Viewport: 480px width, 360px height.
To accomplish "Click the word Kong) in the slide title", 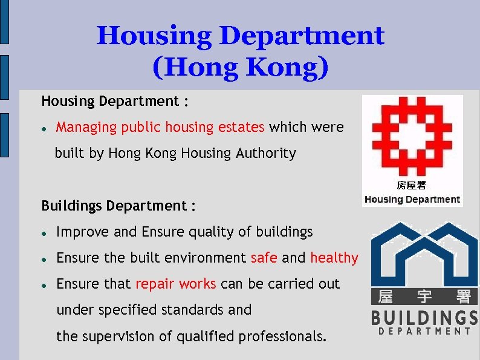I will (x=287, y=67).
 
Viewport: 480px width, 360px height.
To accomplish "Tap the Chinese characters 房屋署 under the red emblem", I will (x=412, y=186).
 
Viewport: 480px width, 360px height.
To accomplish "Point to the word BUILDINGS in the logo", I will (x=424, y=317).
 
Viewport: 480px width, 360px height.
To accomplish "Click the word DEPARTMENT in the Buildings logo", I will (x=424, y=331).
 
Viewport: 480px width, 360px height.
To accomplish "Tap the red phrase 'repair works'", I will (x=176, y=284).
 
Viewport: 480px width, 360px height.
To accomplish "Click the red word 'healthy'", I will (x=334, y=258).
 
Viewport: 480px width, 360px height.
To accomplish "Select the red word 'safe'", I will (x=264, y=258).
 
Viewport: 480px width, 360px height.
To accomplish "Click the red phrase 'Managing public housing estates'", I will (x=160, y=127).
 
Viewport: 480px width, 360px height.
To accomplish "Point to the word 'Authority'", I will (x=268, y=154).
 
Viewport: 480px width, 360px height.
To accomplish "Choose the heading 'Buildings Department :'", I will (x=118, y=206).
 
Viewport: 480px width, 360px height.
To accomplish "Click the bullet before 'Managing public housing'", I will (x=45, y=128).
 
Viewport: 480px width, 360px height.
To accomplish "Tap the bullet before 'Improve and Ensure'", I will (x=45, y=232).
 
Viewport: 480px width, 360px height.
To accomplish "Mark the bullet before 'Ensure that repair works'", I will (x=45, y=284).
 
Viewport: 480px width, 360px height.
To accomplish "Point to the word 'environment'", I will (x=206, y=258).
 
